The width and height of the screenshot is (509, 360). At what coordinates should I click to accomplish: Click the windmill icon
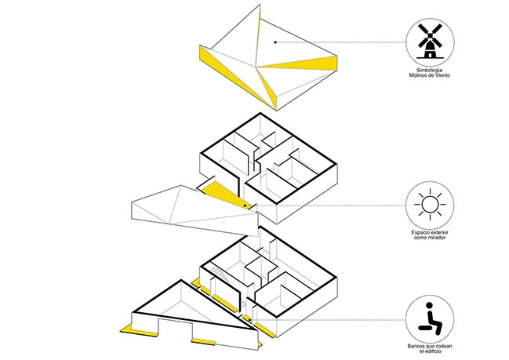[430, 41]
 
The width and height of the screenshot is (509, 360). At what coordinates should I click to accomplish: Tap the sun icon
[430, 205]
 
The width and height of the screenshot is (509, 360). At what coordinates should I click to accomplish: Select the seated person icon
[430, 318]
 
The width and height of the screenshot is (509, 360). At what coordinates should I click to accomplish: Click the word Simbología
[430, 70]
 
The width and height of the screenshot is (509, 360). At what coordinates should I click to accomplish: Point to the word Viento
[443, 75]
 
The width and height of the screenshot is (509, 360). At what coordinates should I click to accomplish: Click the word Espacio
[420, 232]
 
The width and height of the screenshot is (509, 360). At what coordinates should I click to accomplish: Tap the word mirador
[437, 238]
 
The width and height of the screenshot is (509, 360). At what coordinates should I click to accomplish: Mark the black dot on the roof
[275, 42]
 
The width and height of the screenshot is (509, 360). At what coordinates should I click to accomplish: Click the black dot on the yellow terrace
[245, 205]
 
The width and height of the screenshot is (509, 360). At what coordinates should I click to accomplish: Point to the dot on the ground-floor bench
[249, 321]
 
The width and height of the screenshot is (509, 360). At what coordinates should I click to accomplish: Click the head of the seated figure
[430, 305]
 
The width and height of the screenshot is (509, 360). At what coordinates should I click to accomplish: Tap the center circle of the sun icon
[430, 205]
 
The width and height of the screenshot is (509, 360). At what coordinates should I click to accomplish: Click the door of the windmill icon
[430, 55]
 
